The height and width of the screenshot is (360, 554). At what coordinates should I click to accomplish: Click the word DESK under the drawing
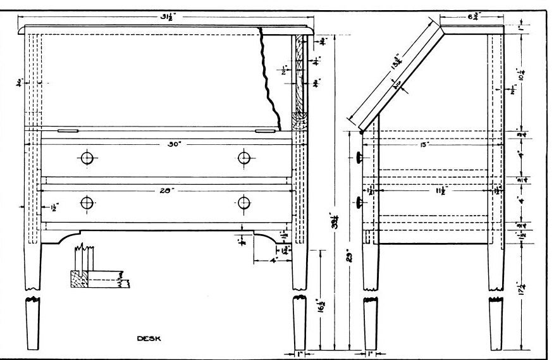(x=149, y=338)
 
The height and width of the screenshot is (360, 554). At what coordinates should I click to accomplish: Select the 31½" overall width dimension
(x=168, y=17)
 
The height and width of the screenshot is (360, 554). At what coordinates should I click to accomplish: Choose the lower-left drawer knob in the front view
(x=87, y=202)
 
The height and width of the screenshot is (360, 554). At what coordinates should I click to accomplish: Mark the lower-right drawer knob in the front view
(x=245, y=202)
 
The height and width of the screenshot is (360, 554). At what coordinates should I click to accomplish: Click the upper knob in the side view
(x=359, y=157)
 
